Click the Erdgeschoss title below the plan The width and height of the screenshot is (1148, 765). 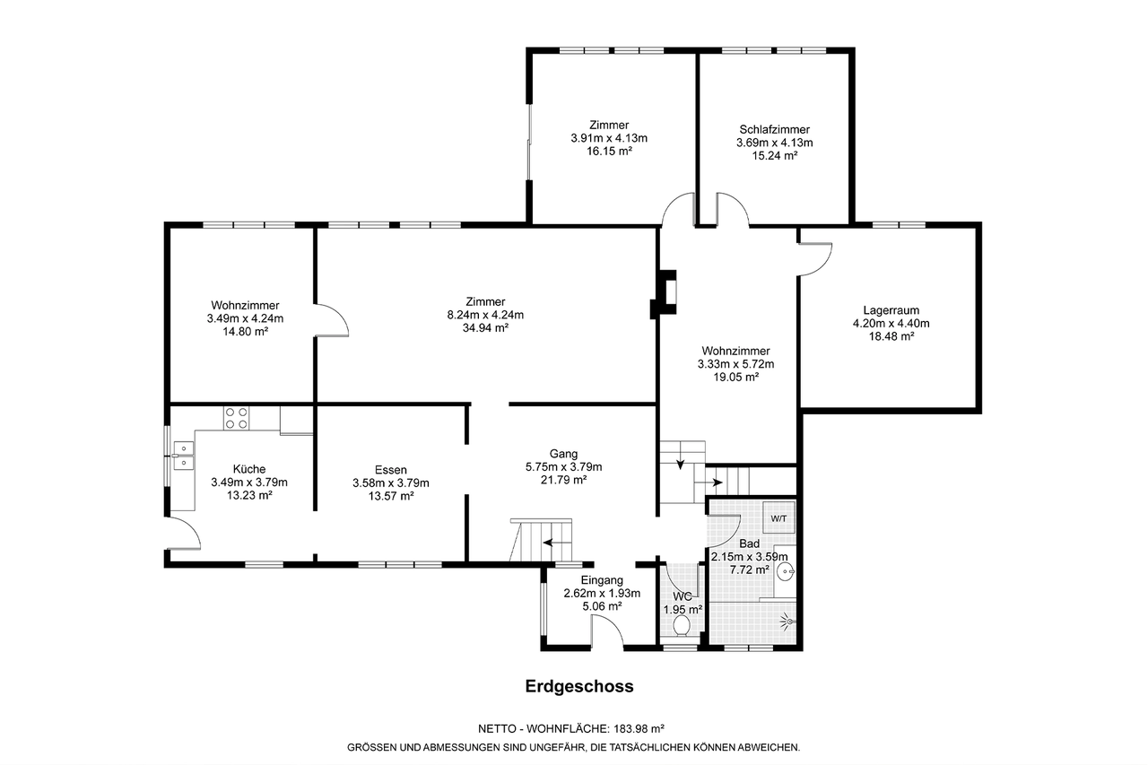(x=579, y=687)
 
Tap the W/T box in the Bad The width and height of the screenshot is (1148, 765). (x=778, y=518)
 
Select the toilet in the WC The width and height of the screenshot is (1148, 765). (x=681, y=626)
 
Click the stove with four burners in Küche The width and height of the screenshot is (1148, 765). (x=236, y=418)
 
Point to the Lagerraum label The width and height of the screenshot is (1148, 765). (x=891, y=310)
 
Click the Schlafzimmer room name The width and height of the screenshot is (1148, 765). (x=774, y=130)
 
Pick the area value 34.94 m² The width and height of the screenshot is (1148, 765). (x=485, y=328)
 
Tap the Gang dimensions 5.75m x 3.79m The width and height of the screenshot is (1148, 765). (x=564, y=466)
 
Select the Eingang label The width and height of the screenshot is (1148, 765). (x=602, y=580)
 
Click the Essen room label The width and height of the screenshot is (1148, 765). (x=390, y=470)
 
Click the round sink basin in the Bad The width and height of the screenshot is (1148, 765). (x=787, y=570)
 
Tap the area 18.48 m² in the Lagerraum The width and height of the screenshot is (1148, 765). (x=891, y=336)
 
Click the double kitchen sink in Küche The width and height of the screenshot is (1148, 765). (x=184, y=456)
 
